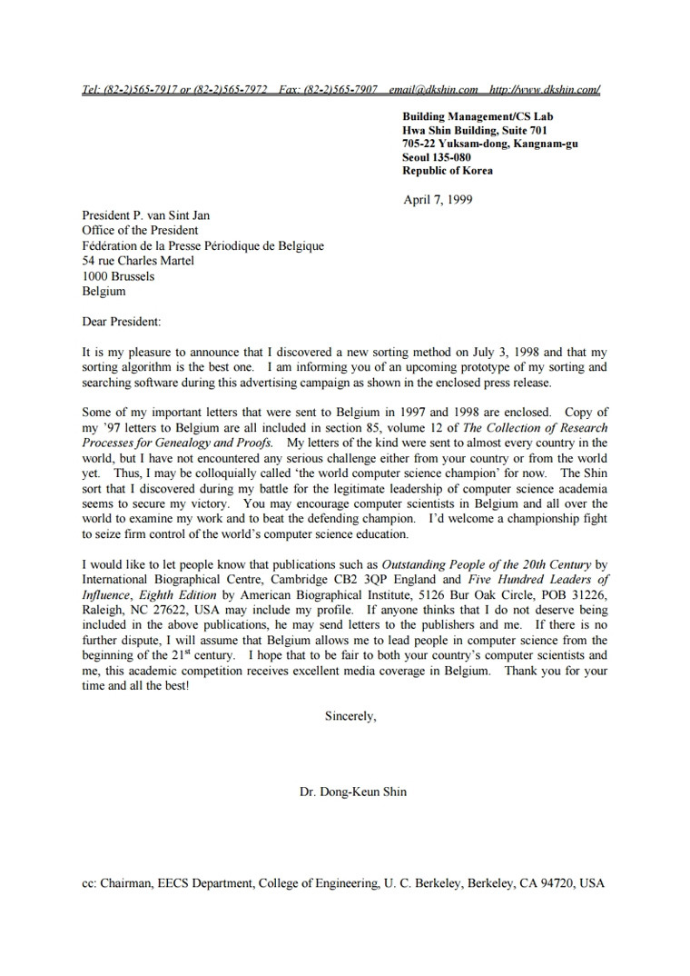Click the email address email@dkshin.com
[433, 90]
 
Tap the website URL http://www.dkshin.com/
[544, 90]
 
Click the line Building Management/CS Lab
[478, 116]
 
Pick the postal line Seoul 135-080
[437, 157]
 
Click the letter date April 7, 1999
[438, 200]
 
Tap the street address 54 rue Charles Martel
[138, 261]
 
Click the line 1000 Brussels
[118, 276]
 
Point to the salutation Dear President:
[121, 322]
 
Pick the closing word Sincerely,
[350, 716]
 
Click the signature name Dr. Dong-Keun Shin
[353, 792]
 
